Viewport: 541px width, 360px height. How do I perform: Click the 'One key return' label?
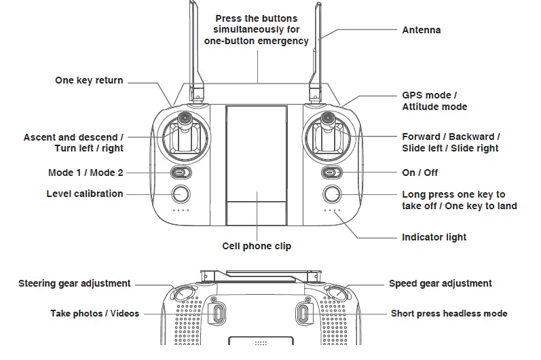pos(89,81)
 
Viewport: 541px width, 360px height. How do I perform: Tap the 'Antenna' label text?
pos(421,30)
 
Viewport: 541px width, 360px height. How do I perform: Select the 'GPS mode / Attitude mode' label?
pos(434,101)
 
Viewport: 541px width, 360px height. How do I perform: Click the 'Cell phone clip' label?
pos(257,246)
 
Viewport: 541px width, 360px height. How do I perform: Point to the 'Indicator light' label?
pos(434,237)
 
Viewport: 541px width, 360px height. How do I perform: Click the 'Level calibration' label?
pos(85,194)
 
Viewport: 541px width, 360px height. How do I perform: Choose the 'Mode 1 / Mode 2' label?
pos(86,173)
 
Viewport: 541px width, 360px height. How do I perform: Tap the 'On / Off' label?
pos(420,173)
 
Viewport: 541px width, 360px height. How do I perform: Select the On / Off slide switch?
pos(331,173)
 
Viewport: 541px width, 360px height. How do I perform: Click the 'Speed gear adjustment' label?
pos(440,283)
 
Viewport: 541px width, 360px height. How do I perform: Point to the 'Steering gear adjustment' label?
pos(74,283)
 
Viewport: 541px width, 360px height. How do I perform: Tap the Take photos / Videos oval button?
pos(217,314)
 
